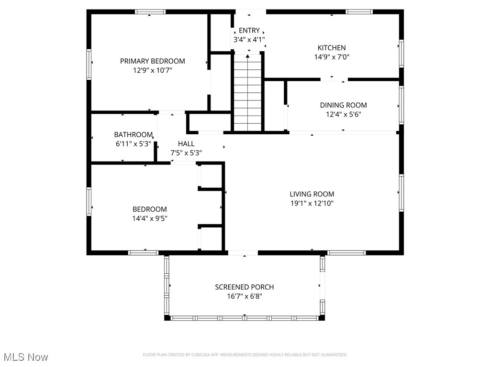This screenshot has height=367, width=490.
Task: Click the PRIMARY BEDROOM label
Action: (153, 61)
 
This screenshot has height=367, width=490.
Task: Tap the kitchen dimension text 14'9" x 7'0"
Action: (332, 57)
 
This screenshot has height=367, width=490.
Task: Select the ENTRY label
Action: (249, 31)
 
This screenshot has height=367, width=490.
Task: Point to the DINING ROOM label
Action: (344, 105)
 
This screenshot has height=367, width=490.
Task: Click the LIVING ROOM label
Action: (312, 194)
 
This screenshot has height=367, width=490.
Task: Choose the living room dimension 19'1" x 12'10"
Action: (312, 204)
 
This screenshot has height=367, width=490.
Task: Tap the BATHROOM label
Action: (133, 135)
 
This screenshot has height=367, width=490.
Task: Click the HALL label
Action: (186, 144)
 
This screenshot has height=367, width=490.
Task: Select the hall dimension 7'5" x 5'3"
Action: (186, 153)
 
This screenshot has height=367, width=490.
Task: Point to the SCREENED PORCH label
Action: (245, 287)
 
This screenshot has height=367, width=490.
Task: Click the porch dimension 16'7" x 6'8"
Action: (245, 296)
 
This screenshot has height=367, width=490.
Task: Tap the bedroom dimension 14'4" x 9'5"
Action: (150, 218)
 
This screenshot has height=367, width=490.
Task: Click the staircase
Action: (248, 93)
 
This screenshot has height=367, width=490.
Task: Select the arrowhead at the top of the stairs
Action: (248, 56)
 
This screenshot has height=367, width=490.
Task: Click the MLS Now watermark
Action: (26, 357)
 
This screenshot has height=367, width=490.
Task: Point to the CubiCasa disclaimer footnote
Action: (245, 355)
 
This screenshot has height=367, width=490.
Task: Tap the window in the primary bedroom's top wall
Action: (150, 12)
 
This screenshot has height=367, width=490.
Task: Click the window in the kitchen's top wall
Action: (359, 12)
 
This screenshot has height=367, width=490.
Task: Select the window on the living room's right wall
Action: (401, 193)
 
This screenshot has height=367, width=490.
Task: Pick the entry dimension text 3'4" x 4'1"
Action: (249, 40)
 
